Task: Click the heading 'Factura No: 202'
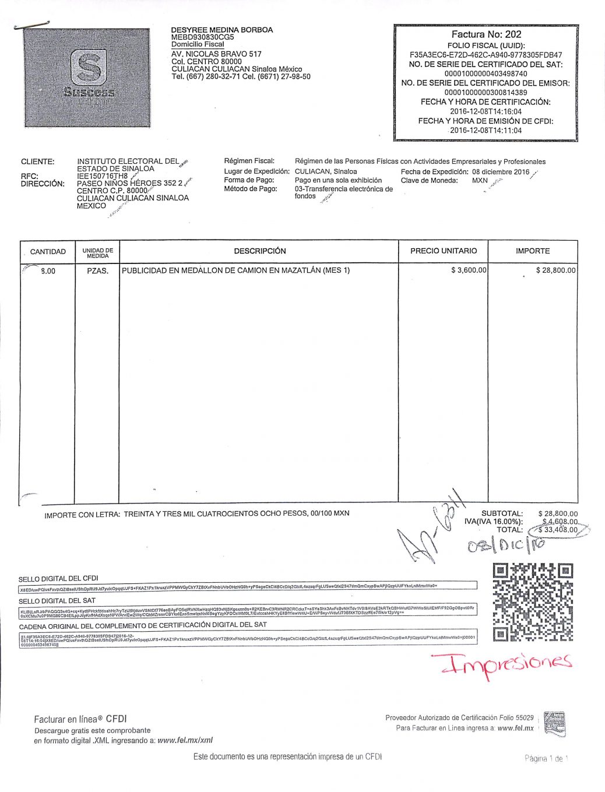pos(486,35)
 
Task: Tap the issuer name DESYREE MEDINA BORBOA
pos(221,30)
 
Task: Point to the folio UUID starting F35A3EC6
pos(486,55)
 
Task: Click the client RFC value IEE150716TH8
pos(102,176)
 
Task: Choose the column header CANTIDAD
pos(48,252)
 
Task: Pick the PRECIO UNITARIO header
pos(443,251)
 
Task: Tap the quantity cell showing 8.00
pos(48,271)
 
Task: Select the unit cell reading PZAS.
pos(97,271)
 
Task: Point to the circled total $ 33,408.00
pos(558,530)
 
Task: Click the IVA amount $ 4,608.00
pos(560,522)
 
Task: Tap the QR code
pos(533,602)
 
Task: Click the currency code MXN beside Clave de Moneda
pos(480,181)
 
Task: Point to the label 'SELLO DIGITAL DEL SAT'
pos(57,601)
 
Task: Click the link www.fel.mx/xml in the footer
pos(185,740)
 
